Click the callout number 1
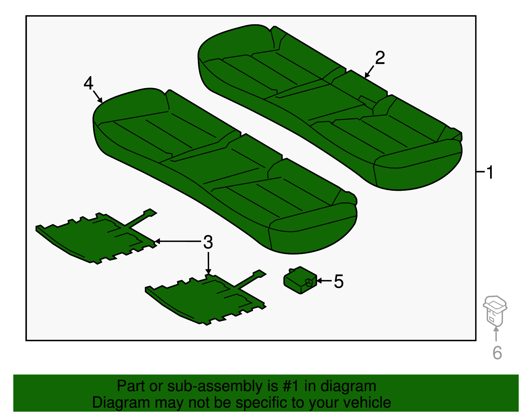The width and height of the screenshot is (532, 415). [x=490, y=173]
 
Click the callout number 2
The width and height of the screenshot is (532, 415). [x=380, y=58]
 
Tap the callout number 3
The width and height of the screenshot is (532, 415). [x=208, y=242]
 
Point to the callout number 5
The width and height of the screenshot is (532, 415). [x=338, y=281]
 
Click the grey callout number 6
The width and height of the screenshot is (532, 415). [x=497, y=353]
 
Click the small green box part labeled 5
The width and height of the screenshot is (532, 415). [x=300, y=280]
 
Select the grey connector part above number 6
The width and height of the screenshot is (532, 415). [x=495, y=309]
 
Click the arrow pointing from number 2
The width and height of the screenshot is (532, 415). [x=369, y=71]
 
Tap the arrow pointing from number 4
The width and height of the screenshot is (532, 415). [x=98, y=96]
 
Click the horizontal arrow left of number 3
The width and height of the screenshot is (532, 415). [x=178, y=241]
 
